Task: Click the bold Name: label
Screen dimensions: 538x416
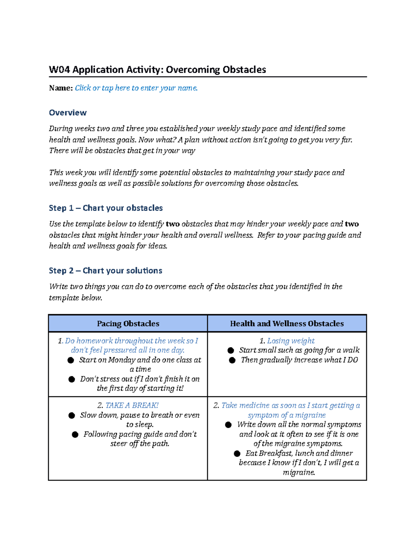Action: [x=61, y=88]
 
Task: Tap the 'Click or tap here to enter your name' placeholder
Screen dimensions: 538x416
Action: [x=136, y=88]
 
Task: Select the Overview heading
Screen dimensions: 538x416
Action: [x=68, y=113]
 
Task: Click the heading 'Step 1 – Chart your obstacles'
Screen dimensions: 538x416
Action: [x=106, y=208]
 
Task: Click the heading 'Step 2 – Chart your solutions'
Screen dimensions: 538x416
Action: [x=105, y=271]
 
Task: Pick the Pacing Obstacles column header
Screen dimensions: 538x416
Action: [x=128, y=324]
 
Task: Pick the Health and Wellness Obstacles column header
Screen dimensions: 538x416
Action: [x=287, y=324]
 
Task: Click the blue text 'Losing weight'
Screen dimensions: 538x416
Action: [x=291, y=341]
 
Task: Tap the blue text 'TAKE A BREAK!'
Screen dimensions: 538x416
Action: [x=132, y=405]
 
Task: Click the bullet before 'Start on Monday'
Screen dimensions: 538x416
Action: [x=71, y=360]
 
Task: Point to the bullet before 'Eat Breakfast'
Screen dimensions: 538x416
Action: [x=237, y=453]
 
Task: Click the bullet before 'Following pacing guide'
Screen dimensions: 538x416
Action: [x=75, y=434]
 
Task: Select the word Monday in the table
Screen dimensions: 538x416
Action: [x=122, y=360]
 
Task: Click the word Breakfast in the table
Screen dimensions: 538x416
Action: [x=275, y=453]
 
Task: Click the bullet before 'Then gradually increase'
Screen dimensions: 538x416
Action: [x=232, y=360]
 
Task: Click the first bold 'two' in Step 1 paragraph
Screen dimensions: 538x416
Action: [x=173, y=224]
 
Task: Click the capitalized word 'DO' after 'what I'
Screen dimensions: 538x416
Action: [x=353, y=360]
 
